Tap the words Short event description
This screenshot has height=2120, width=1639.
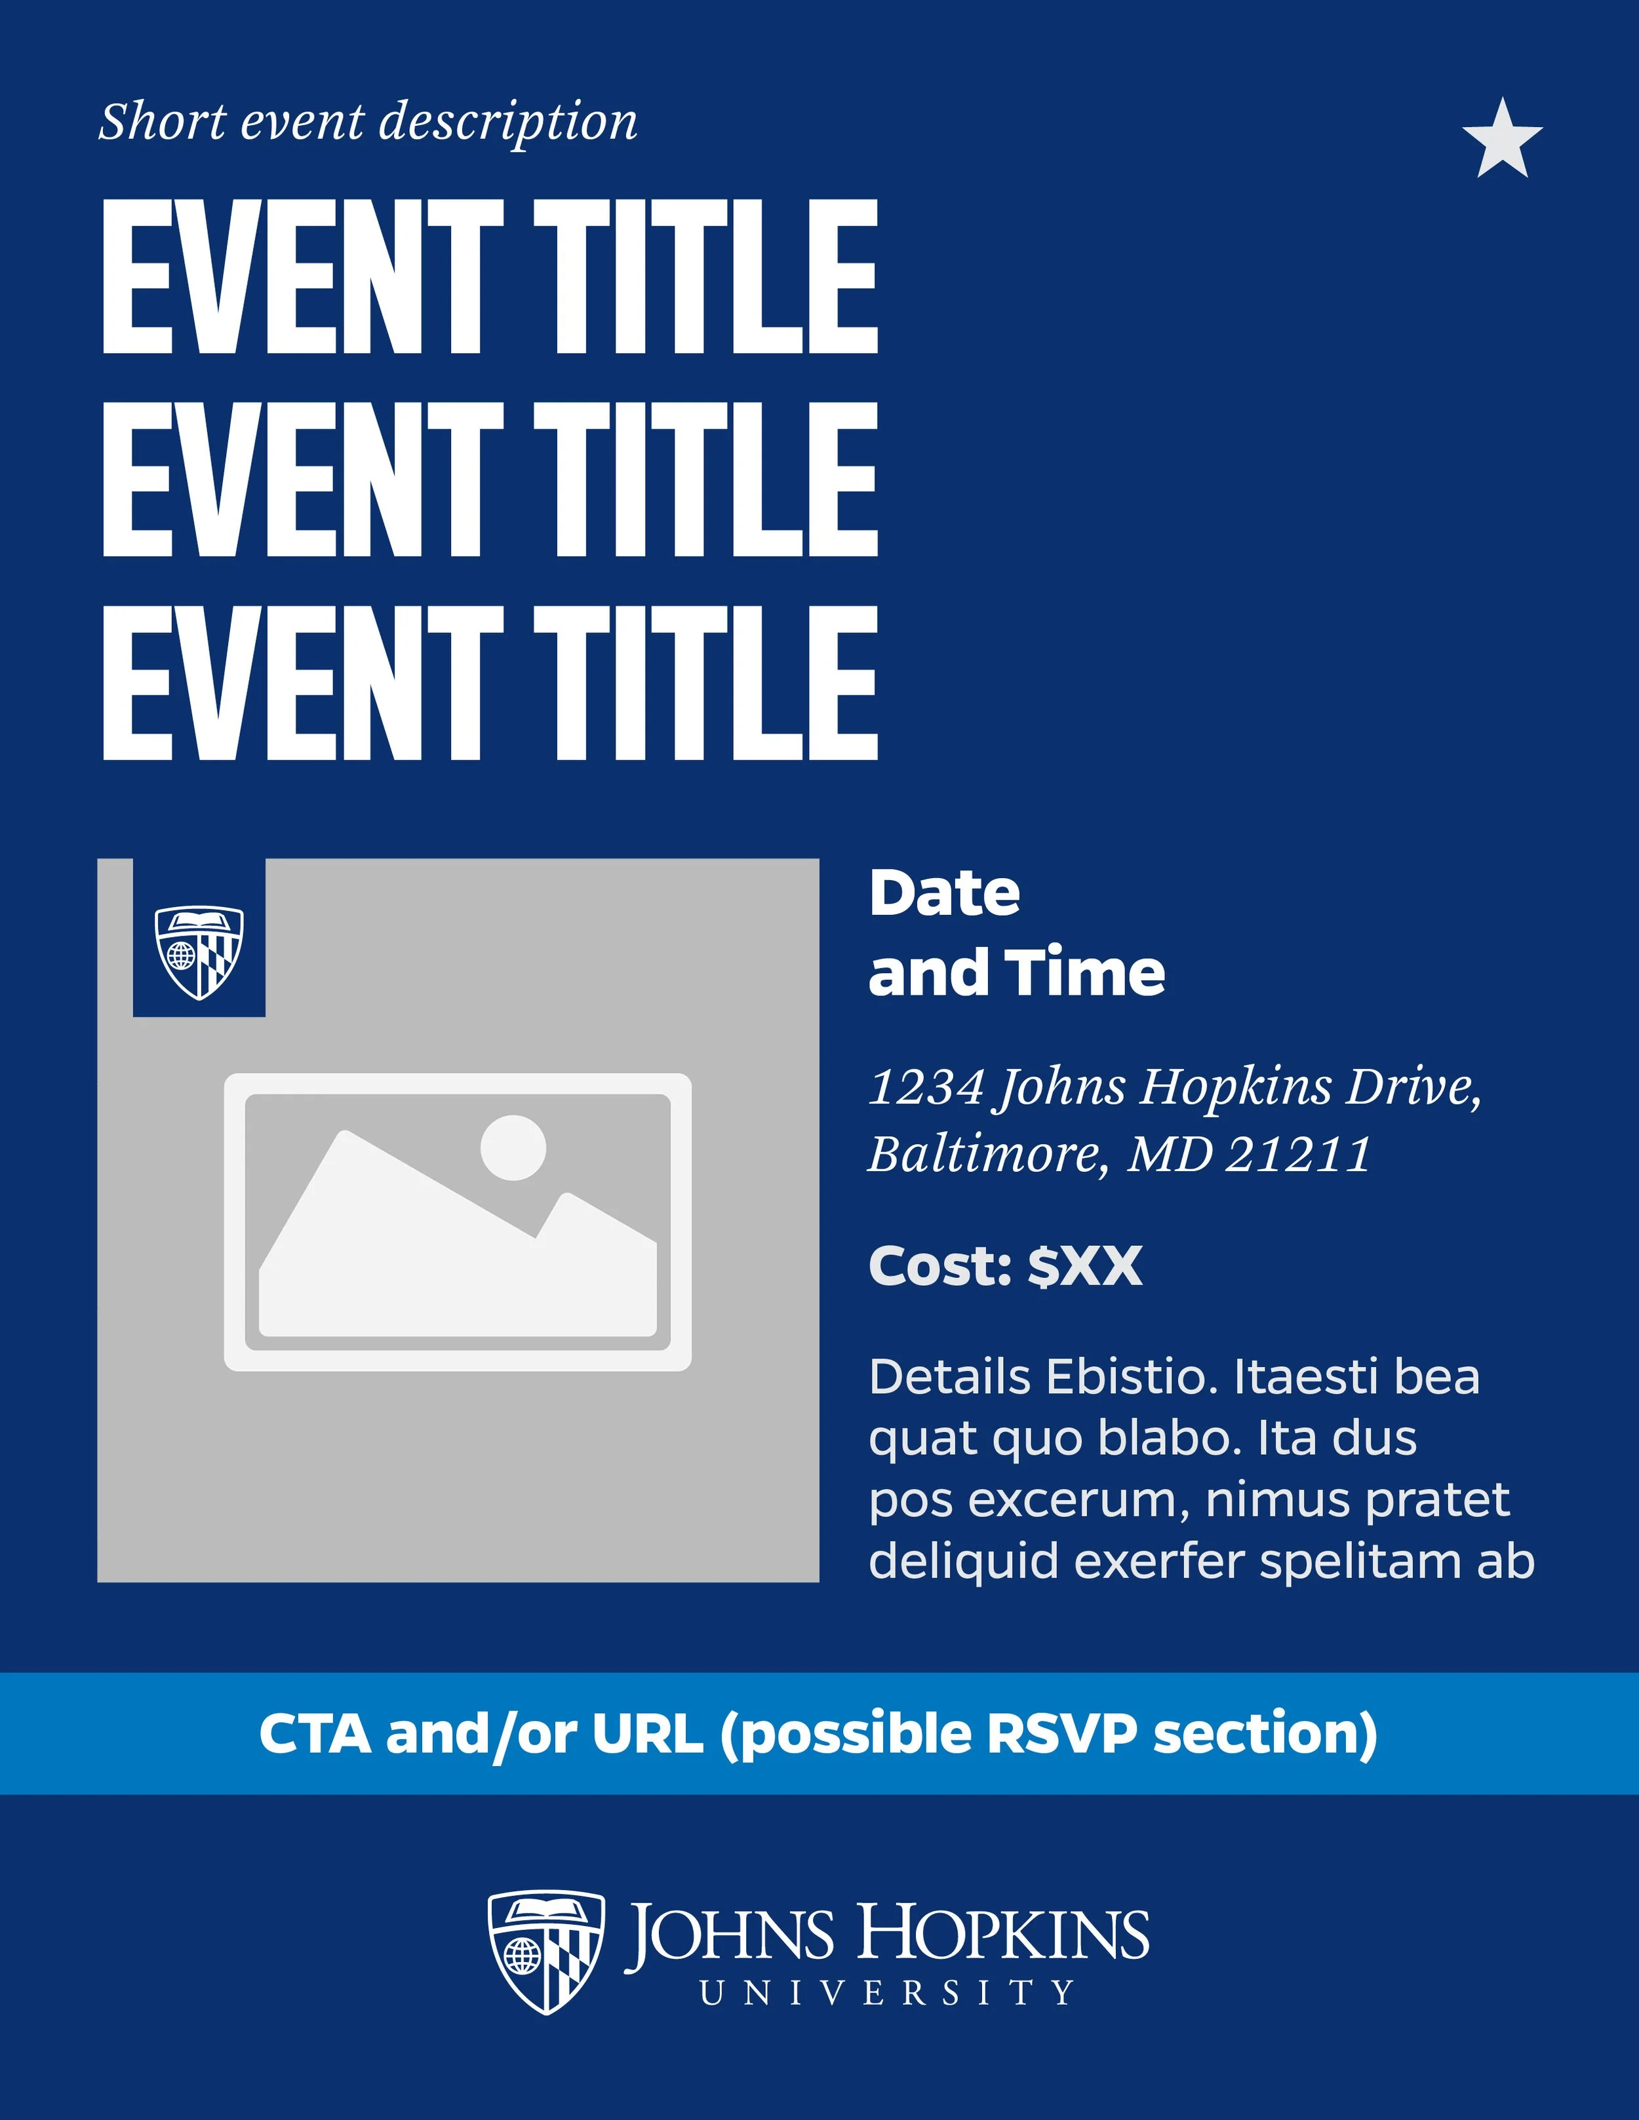pyautogui.click(x=368, y=123)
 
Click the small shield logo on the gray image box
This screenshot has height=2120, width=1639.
pyautogui.click(x=199, y=952)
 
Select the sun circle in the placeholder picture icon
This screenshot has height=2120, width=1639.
pyautogui.click(x=513, y=1147)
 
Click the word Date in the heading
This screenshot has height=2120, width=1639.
pyautogui.click(x=944, y=893)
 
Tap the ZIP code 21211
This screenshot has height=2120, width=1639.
pyautogui.click(x=1298, y=1154)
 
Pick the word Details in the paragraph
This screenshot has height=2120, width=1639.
pyautogui.click(x=949, y=1378)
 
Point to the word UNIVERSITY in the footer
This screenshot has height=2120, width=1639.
pyautogui.click(x=886, y=1994)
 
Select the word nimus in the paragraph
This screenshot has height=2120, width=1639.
pyautogui.click(x=1280, y=1499)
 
